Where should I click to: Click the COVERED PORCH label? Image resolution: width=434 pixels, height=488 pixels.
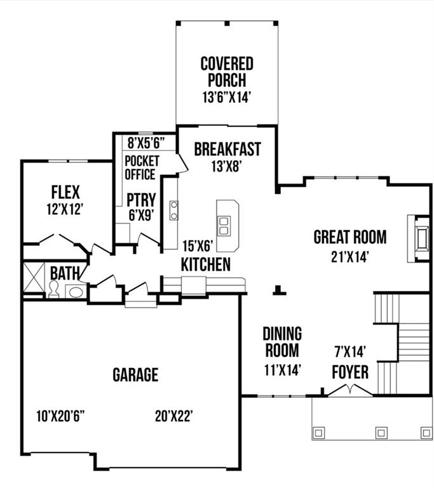point(227,72)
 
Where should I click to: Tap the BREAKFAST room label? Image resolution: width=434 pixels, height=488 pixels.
point(227,149)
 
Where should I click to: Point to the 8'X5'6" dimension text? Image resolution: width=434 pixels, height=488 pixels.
point(146,141)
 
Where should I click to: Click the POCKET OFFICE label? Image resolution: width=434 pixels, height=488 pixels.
point(140,167)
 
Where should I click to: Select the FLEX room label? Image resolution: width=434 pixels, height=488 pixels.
point(65,191)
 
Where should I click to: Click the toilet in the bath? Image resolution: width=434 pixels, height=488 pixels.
point(54,290)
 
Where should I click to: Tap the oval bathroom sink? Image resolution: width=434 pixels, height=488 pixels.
point(75,292)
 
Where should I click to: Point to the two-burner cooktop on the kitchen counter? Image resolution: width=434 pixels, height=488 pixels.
point(173,210)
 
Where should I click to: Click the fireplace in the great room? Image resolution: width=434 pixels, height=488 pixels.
point(419,239)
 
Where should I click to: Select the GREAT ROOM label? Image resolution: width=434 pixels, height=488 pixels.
point(349,237)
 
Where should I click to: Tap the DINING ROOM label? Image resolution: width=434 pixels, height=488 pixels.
point(282,342)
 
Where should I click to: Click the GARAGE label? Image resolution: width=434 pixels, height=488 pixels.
point(135,374)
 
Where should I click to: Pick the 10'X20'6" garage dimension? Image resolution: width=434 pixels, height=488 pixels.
point(60,416)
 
